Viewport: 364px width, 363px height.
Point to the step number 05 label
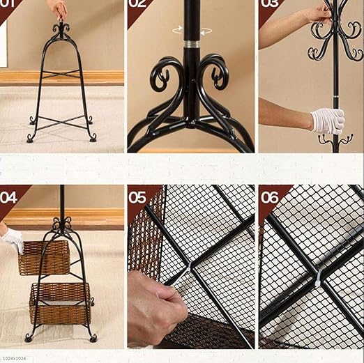coord(137,196)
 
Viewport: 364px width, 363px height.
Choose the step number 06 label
coord(268,196)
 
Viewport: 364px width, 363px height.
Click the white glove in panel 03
coord(327,121)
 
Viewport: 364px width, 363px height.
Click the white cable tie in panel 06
coord(318,278)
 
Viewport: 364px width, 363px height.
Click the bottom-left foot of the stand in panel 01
coord(30,138)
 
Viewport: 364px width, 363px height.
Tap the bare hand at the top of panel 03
coord(317,12)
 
